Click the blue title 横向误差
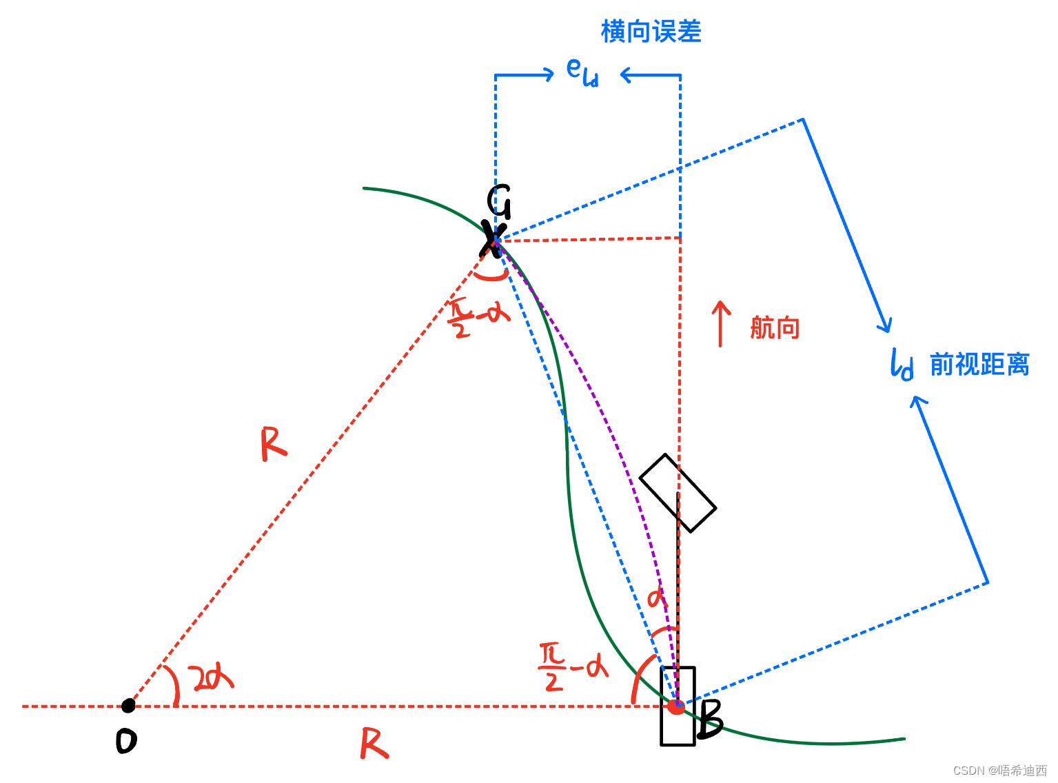(651, 32)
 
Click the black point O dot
(128, 705)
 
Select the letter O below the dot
(126, 741)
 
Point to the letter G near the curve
(499, 201)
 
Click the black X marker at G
(494, 238)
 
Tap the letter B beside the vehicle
(710, 720)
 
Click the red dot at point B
(676, 706)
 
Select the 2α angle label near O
(212, 678)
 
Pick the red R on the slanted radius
(273, 444)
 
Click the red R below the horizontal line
(374, 744)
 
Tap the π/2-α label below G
(478, 318)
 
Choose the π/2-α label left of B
(573, 667)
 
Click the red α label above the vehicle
(657, 598)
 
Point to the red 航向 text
(775, 328)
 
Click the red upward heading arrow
(720, 323)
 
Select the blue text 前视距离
(979, 365)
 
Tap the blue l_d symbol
(902, 365)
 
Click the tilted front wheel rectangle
(678, 493)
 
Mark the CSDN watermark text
(999, 771)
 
